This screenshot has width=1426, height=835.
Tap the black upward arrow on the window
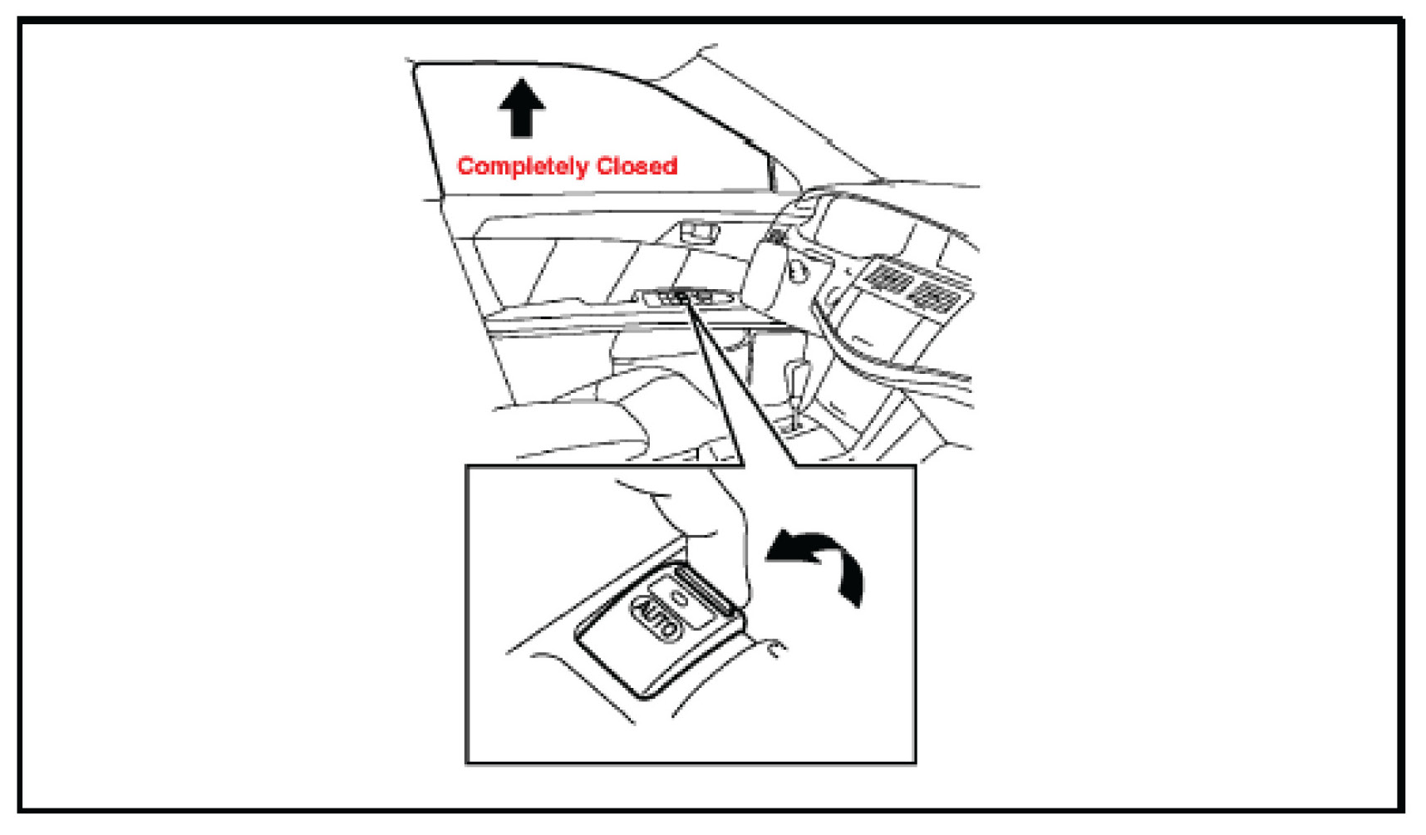click(x=521, y=108)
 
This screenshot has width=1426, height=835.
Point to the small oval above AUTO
click(x=681, y=597)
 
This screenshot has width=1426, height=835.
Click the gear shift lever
click(x=796, y=378)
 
